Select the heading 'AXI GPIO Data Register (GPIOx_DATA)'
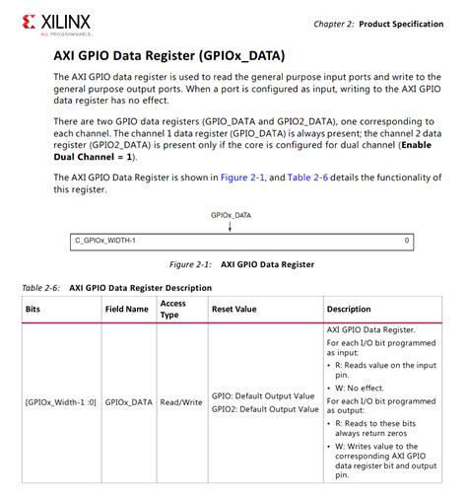[x=168, y=56]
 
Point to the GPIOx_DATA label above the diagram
[x=230, y=214]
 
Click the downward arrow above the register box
[x=230, y=227]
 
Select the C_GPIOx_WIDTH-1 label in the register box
[x=105, y=240]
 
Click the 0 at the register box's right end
[x=406, y=240]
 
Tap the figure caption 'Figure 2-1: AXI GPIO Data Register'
[x=241, y=264]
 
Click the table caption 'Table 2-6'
[x=41, y=288]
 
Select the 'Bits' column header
[x=34, y=309]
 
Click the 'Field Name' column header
[x=127, y=309]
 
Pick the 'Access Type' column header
[x=173, y=309]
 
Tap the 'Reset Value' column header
[x=233, y=309]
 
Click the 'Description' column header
[x=349, y=309]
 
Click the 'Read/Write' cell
[x=181, y=401]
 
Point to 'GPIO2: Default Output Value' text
[x=263, y=408]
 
